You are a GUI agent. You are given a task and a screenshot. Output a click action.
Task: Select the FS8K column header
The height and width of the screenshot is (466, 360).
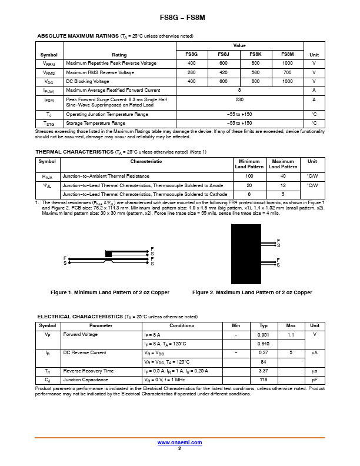(x=255, y=54)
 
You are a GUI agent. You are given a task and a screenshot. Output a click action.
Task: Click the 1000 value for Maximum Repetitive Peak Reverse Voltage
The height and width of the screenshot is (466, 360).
(x=287, y=63)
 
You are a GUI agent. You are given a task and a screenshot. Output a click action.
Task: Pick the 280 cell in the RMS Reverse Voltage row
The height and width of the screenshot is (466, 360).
(x=191, y=72)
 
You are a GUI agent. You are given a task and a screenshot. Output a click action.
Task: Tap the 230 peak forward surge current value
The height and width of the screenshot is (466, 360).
(x=239, y=100)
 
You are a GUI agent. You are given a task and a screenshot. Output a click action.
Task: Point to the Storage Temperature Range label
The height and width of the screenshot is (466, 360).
(x=96, y=123)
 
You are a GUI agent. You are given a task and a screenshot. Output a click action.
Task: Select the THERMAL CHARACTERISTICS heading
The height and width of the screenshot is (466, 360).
(x=75, y=152)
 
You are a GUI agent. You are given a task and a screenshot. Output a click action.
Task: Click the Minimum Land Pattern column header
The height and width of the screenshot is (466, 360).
(x=249, y=164)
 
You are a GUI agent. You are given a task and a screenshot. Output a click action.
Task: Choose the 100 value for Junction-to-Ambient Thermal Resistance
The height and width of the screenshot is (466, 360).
(x=249, y=176)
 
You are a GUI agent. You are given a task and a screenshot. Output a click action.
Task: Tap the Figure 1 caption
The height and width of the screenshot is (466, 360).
(x=110, y=292)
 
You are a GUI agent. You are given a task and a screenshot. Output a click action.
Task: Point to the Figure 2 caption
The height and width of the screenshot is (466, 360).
(x=252, y=292)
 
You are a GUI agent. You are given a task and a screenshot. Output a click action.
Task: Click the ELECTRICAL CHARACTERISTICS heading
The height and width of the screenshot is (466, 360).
(x=79, y=317)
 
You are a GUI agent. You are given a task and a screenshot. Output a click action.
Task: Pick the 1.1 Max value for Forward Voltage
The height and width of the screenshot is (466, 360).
(x=291, y=334)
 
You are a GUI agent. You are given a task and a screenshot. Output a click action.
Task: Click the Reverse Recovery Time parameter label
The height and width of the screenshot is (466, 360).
(x=88, y=371)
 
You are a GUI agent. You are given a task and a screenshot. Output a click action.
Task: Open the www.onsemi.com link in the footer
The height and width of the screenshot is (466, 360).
(x=179, y=442)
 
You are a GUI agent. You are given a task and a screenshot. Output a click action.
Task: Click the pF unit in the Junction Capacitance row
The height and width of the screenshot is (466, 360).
(x=315, y=380)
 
